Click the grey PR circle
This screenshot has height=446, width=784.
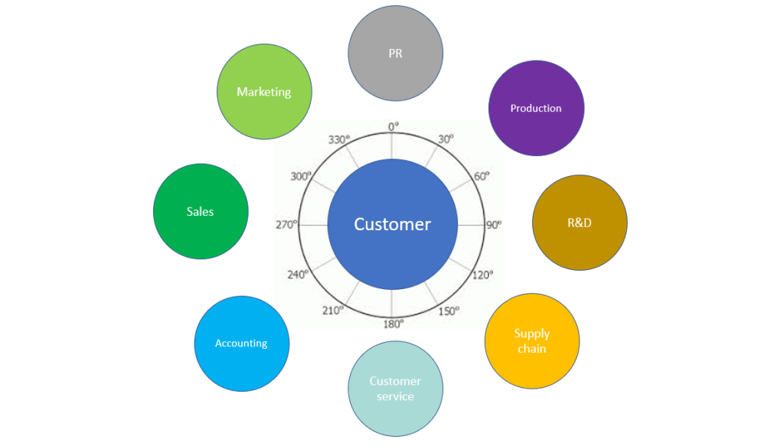(395, 54)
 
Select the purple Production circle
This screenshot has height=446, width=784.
(536, 108)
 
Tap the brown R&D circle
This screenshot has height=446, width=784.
(580, 223)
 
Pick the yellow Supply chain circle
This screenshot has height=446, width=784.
(532, 341)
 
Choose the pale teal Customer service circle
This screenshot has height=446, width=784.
(395, 389)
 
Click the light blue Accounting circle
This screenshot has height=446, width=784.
(241, 343)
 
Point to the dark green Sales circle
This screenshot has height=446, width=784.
(201, 211)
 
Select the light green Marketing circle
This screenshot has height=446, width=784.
(264, 92)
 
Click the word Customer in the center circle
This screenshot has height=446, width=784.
(392, 224)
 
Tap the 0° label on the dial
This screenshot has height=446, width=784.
(394, 126)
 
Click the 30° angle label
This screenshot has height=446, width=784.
(446, 138)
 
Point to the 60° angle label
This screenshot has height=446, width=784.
(482, 176)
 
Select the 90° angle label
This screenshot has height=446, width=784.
(494, 225)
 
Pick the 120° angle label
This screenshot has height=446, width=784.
(482, 275)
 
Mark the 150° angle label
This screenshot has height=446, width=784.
(449, 311)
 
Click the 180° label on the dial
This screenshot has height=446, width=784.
(393, 324)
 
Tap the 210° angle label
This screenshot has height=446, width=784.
(333, 310)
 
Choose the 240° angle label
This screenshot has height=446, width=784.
(298, 274)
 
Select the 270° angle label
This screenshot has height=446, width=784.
(286, 225)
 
